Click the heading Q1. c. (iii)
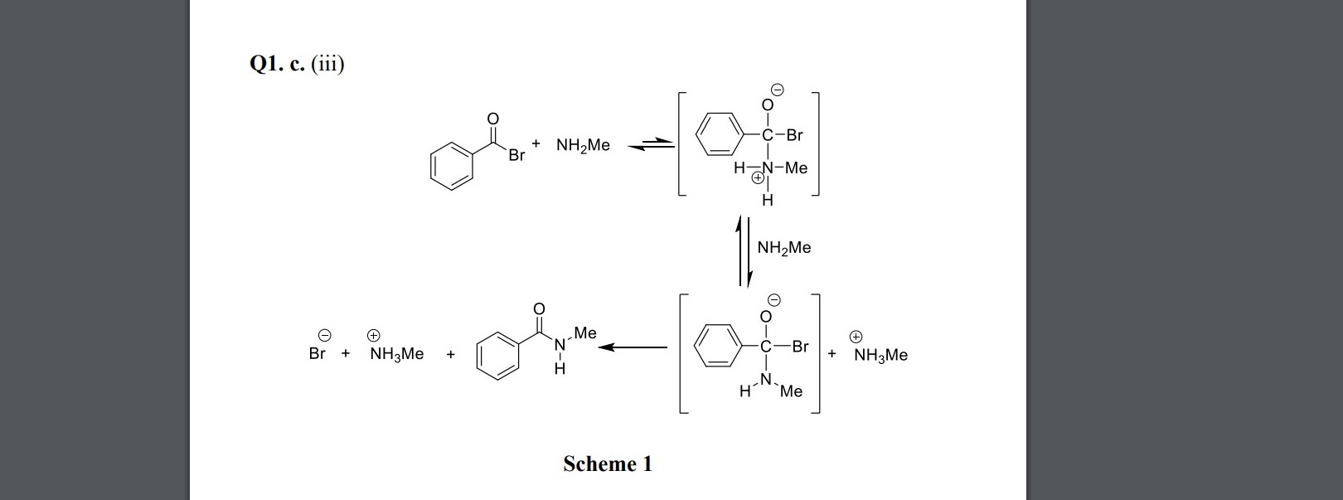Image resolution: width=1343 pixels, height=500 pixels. click(296, 64)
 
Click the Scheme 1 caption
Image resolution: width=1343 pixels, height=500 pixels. click(607, 464)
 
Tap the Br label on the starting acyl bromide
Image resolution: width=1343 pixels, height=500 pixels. click(516, 156)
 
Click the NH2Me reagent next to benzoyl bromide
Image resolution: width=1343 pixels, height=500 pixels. click(583, 146)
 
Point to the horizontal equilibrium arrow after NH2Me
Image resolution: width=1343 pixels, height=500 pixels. click(651, 146)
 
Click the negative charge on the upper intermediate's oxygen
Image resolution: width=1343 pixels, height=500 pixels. click(778, 89)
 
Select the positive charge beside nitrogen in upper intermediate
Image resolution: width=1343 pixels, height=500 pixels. click(757, 177)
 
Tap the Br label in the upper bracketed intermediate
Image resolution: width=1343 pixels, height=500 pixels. click(794, 135)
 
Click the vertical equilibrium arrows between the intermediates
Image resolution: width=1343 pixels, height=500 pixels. click(744, 251)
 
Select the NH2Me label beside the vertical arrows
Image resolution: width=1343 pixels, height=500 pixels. click(784, 248)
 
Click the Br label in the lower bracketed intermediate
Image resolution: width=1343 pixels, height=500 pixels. click(800, 347)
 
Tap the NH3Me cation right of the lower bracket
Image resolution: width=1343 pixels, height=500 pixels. click(880, 355)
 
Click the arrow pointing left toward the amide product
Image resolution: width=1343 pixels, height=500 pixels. click(633, 347)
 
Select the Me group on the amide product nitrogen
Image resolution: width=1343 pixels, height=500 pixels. click(584, 333)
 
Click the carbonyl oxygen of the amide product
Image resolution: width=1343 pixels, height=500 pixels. click(539, 309)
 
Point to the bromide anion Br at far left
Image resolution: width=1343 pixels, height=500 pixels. click(317, 354)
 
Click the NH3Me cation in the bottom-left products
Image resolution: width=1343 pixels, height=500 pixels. click(396, 354)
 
